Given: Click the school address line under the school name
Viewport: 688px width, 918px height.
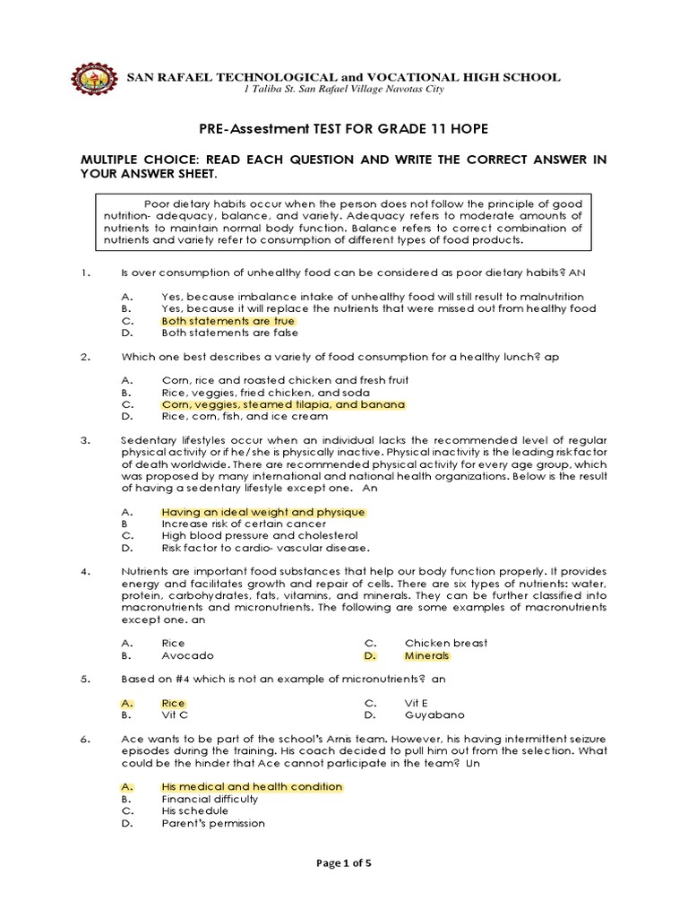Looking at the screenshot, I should [343, 90].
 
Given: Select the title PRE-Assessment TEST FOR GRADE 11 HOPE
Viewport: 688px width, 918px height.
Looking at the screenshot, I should [343, 129].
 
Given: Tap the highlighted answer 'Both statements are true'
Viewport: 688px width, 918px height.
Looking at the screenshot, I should [228, 320].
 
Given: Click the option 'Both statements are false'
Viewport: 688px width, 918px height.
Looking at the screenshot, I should [228, 332].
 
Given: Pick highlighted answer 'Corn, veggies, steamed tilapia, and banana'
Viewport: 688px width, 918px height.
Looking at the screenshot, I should [283, 404].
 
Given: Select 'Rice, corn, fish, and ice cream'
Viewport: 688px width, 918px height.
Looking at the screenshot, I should [245, 416].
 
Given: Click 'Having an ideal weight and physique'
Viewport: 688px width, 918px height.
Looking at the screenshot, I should [263, 512].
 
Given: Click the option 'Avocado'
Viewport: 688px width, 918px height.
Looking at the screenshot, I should [187, 655].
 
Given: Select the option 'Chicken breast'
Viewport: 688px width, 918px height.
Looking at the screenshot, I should [446, 644].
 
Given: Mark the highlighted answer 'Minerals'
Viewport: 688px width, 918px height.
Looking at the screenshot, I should [426, 655].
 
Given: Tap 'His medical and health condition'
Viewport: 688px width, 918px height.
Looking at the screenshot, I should [252, 787].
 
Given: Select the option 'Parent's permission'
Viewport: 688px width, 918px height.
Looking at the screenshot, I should [213, 823].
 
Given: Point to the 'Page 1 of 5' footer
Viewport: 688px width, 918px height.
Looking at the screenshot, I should [343, 863].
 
